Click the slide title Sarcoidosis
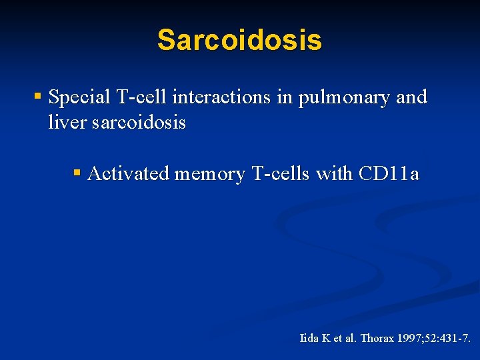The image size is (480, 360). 239,40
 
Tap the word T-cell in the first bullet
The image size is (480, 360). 142,97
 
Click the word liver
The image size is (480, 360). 64,123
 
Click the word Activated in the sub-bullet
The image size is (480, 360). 128,174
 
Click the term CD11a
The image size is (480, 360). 389,174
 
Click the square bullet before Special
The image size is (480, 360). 38,97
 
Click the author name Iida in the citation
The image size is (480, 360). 309,338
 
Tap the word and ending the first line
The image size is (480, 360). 411,97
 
